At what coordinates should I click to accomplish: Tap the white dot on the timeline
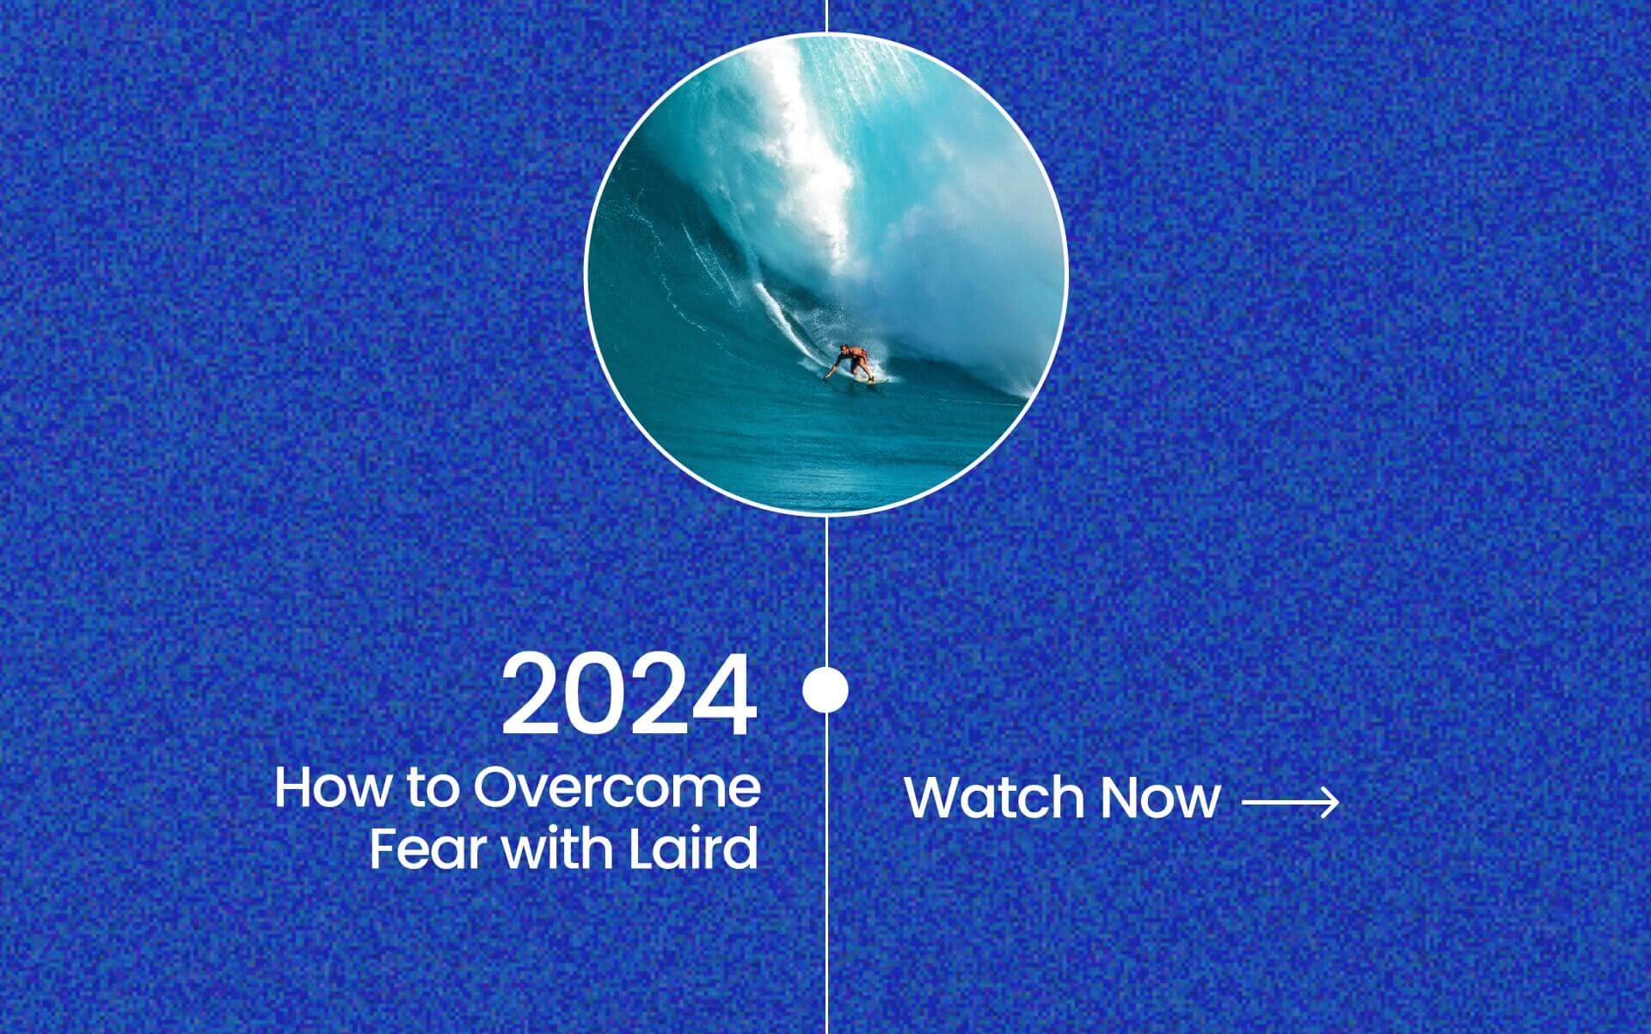pos(825,689)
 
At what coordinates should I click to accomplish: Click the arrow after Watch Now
pos(1291,803)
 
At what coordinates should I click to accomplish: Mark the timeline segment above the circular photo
pos(826,16)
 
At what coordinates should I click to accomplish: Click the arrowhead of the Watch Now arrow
pos(1331,803)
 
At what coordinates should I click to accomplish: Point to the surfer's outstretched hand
pos(828,375)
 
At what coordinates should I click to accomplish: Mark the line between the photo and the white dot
pos(826,591)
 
